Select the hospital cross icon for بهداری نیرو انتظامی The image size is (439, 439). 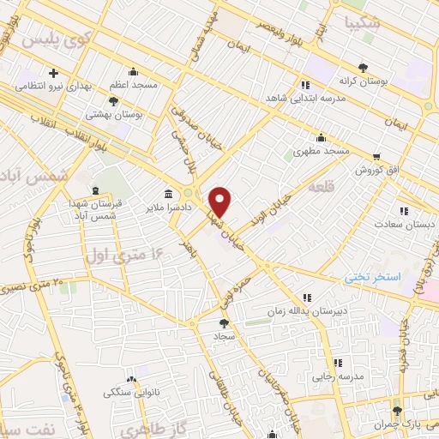pos(53,74)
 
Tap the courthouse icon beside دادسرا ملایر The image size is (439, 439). pos(169,192)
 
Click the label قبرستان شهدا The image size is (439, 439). pos(95,204)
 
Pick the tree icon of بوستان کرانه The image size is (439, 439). pos(362,66)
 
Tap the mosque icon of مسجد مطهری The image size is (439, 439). pos(321,137)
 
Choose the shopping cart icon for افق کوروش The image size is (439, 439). pos(376,157)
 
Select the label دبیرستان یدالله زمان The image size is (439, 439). pos(307,312)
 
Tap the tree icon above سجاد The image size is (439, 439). pos(225,323)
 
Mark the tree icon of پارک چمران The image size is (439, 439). pos(395,410)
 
